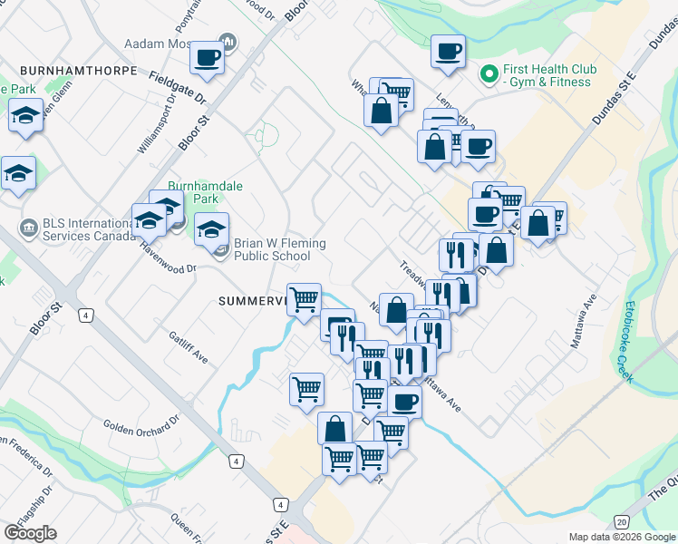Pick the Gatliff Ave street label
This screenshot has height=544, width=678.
189,347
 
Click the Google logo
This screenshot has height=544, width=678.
30,533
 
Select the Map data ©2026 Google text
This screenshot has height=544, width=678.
622,537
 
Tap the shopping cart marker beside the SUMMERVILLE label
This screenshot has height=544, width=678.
304,298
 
